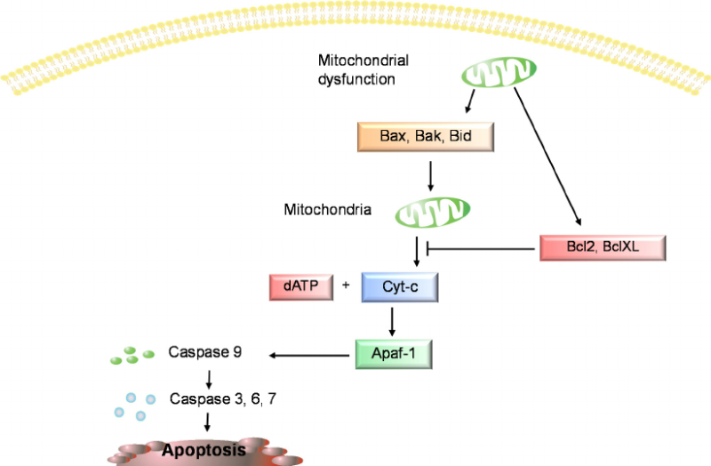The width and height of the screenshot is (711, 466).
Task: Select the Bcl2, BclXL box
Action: pos(602,245)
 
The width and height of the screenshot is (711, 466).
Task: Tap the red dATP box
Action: pos(300,286)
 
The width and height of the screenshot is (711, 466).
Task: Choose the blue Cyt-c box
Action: pos(399,287)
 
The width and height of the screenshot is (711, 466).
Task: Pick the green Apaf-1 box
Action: pos(392,355)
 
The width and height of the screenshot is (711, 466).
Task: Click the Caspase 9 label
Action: pos(205,353)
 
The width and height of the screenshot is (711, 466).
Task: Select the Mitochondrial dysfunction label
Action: pos(355,69)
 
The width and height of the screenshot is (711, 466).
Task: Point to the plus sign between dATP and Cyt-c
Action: pos(346,286)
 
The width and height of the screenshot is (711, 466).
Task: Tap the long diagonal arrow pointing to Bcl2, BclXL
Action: pos(546,157)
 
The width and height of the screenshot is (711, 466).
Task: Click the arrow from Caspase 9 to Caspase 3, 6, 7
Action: pos(208,376)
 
